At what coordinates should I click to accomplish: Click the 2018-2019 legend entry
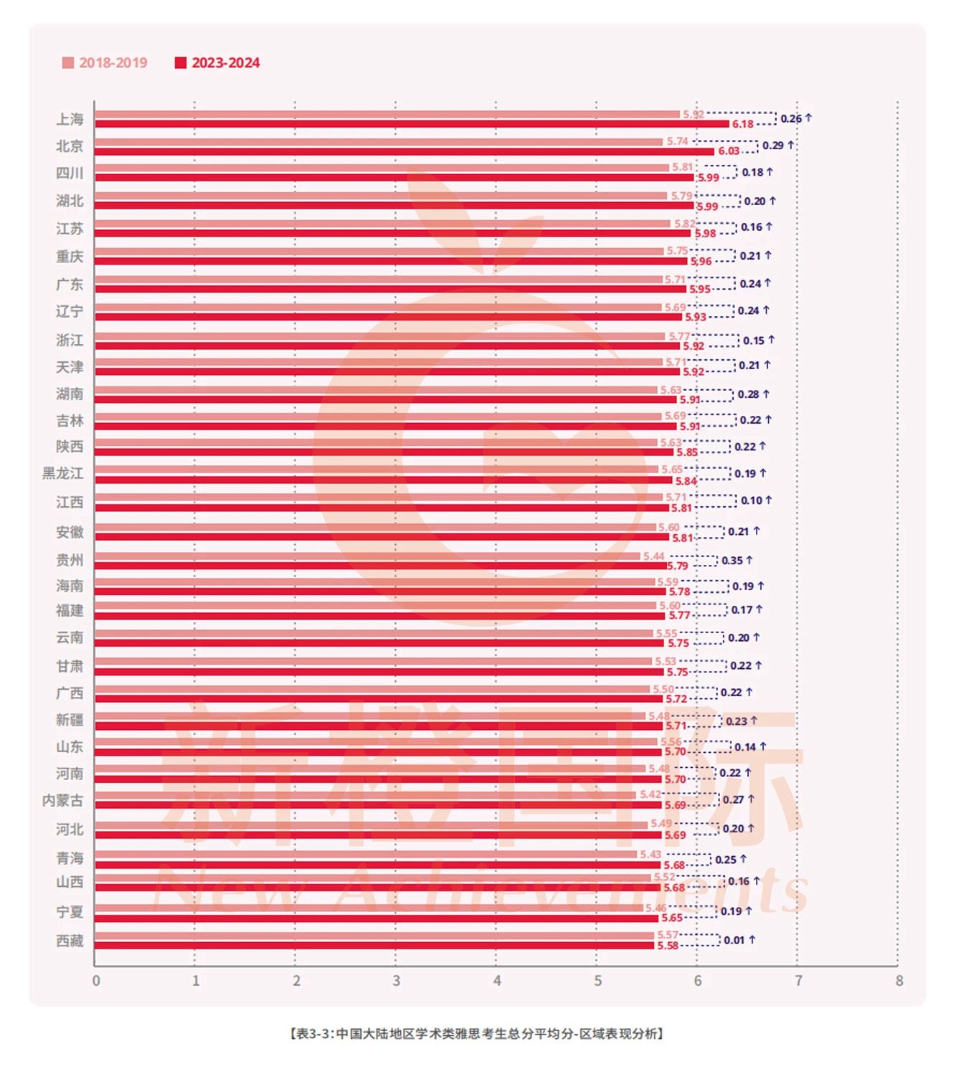tap(105, 63)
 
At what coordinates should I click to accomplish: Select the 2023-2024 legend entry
tap(218, 63)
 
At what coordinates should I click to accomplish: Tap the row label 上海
tap(70, 119)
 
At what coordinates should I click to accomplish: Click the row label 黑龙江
tap(63, 473)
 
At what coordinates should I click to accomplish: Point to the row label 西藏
tap(70, 941)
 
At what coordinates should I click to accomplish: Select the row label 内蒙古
tap(63, 800)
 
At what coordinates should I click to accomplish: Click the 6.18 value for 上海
tap(743, 125)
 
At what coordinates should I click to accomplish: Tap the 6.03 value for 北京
tap(729, 151)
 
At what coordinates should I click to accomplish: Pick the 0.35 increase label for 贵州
tap(737, 561)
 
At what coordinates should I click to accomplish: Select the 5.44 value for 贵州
tap(653, 556)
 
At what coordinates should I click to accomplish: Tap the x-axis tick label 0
tap(96, 981)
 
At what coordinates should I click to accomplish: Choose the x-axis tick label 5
tap(597, 981)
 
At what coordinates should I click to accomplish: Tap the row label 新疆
tap(70, 720)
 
